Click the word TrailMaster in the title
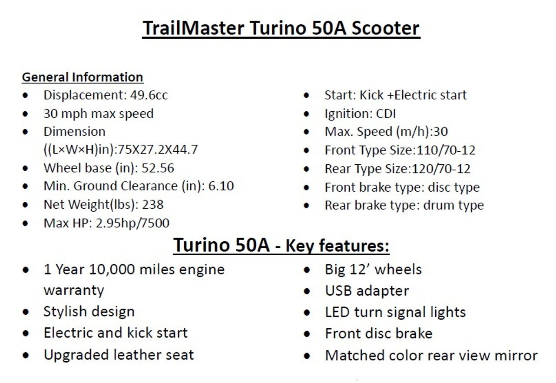(x=193, y=28)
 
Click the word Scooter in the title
(x=386, y=28)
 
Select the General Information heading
(x=83, y=77)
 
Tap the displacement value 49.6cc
(x=149, y=95)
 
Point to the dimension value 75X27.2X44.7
(x=158, y=150)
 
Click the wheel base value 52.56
(x=158, y=168)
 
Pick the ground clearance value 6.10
(x=221, y=186)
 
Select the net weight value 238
(x=152, y=205)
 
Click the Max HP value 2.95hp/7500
(x=132, y=223)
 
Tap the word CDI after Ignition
(x=386, y=114)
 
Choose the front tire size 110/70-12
(x=446, y=150)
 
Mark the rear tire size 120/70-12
(x=441, y=169)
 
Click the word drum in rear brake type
(x=436, y=205)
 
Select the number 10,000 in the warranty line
(x=112, y=270)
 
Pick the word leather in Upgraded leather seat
(x=137, y=355)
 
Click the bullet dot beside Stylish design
(x=26, y=312)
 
